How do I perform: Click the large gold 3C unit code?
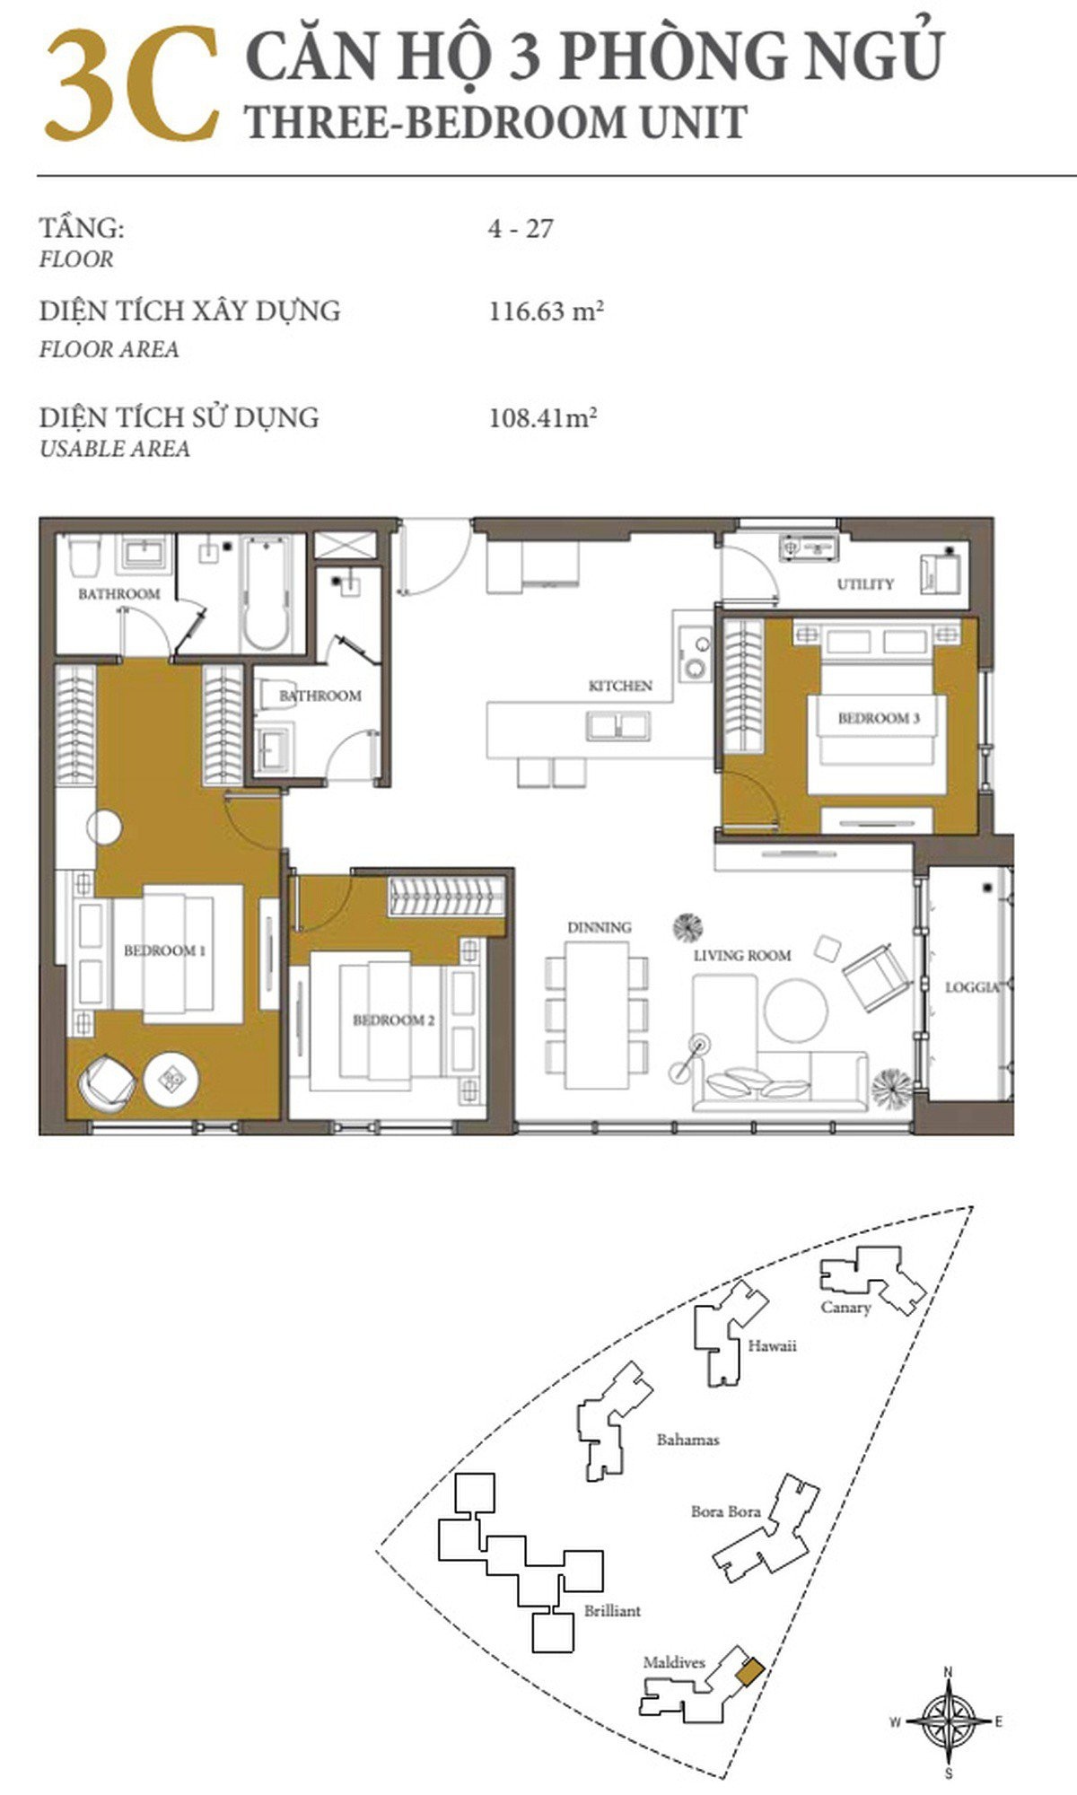[x=133, y=84]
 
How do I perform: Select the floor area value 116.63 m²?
[x=546, y=311]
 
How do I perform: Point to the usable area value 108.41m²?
[x=543, y=417]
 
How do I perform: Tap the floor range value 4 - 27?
[x=521, y=229]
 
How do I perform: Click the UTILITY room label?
[x=865, y=584]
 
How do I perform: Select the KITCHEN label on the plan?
[x=620, y=686]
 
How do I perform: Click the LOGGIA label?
[x=973, y=987]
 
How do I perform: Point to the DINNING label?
[x=599, y=927]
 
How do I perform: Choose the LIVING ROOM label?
[x=742, y=956]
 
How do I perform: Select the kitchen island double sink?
[x=619, y=725]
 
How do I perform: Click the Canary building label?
[x=845, y=1308]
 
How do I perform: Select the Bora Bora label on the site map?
[x=725, y=1511]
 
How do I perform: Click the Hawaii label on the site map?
[x=772, y=1346]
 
